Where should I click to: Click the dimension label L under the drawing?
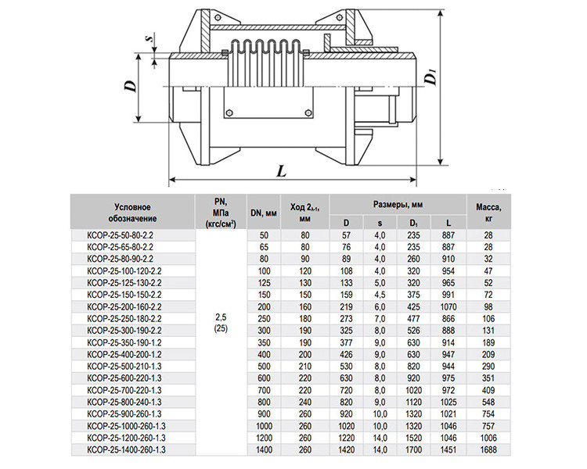coord(281,171)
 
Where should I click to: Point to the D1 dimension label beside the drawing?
coord(431,78)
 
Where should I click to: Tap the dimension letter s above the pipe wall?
coord(151,38)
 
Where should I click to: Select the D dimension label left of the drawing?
coord(130,87)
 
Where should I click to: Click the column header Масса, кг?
coord(488,213)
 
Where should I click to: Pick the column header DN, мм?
coord(264,213)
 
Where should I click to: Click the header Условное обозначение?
coord(132,213)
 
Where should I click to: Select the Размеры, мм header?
coord(398,204)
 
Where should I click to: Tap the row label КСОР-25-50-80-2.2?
coord(120,235)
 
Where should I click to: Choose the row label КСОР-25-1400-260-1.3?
coord(126,449)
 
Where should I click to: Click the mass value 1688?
coord(488,449)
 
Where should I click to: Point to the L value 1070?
coord(448,306)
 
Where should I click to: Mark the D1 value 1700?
coord(413,449)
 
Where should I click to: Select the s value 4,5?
coord(380,295)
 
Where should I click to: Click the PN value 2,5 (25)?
coord(221,323)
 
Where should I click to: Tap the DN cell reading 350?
coord(264,342)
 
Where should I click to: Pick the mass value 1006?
coord(488,438)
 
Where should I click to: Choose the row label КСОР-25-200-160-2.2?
coord(124,306)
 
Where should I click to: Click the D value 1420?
coord(346,449)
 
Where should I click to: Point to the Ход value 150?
coord(304,295)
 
